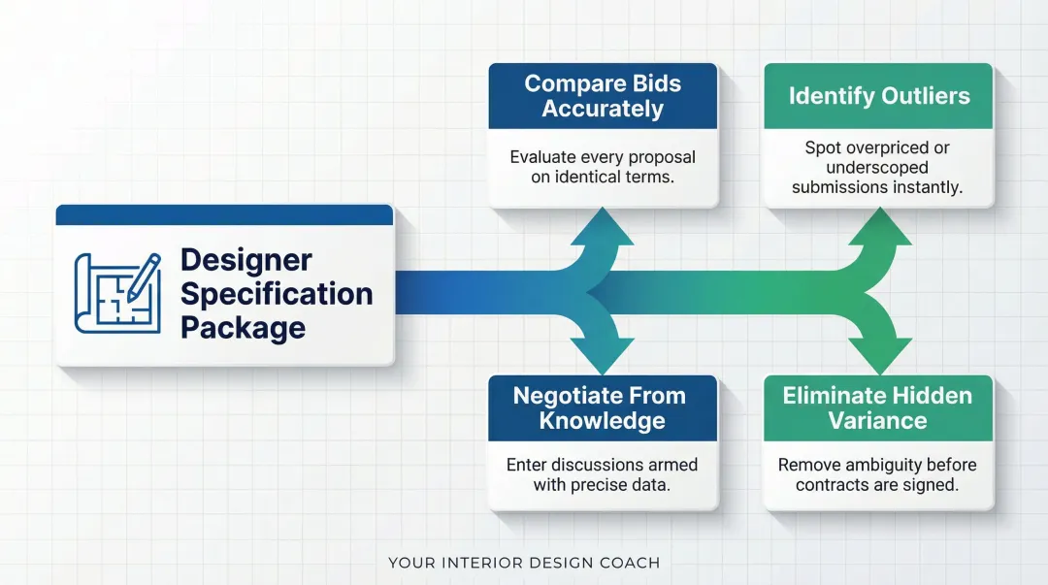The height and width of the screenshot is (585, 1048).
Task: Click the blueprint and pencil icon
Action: pos(116,294)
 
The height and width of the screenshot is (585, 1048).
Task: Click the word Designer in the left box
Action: pos(246,260)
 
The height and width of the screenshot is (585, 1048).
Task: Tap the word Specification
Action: pos(277,294)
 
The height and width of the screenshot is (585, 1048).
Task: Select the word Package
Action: pos(243,328)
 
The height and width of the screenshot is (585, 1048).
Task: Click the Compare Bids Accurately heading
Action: pos(603,96)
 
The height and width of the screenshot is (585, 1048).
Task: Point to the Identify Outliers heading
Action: pos(879,96)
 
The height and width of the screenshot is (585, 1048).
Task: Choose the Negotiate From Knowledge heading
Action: pos(599,408)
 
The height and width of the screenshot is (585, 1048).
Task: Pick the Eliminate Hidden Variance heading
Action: pos(877,408)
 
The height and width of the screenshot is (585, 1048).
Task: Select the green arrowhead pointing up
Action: pos(879,231)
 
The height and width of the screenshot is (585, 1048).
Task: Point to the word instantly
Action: pos(931,187)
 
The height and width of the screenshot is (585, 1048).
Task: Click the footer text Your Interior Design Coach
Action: pos(524,563)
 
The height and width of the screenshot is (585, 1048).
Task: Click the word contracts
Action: pos(833,484)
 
